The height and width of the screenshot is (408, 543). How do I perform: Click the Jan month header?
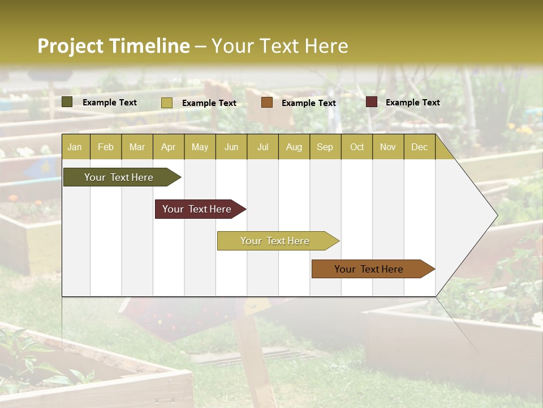[x=75, y=147]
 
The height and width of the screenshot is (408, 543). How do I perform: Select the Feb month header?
[x=106, y=147]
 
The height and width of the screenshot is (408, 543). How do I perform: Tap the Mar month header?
[x=137, y=147]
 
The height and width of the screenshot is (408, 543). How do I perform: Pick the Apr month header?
[x=169, y=147]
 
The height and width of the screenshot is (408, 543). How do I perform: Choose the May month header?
[x=200, y=147]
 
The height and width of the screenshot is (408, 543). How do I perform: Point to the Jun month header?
[x=231, y=147]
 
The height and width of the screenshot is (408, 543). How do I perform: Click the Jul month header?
[x=262, y=147]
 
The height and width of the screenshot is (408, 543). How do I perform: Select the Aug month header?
[x=294, y=147]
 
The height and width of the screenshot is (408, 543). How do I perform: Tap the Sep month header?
[x=325, y=147]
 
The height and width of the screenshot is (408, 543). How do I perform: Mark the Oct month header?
[x=357, y=147]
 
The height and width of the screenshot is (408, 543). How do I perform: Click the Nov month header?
[x=388, y=147]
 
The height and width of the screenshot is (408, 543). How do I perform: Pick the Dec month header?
[x=420, y=147]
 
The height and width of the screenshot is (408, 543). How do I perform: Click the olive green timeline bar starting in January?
[x=119, y=177]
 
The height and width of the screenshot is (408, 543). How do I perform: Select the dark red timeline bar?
[x=198, y=209]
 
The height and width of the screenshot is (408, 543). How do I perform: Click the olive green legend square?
[x=67, y=102]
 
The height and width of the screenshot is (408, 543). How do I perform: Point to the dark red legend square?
[x=372, y=102]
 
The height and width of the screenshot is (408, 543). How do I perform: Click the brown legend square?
[x=267, y=103]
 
